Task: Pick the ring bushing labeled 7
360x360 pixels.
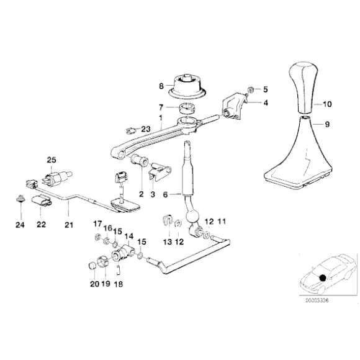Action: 187,109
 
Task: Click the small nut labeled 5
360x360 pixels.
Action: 251,89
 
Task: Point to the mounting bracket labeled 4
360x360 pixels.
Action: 233,106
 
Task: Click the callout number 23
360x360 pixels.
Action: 146,129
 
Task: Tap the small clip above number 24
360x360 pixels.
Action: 20,199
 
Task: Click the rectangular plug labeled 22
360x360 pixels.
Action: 42,200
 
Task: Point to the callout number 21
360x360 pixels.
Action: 69,225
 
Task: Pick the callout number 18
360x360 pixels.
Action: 119,284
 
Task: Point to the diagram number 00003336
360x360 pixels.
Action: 317,300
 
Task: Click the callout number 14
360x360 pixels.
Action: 129,236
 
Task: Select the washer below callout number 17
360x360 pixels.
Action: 97,236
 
